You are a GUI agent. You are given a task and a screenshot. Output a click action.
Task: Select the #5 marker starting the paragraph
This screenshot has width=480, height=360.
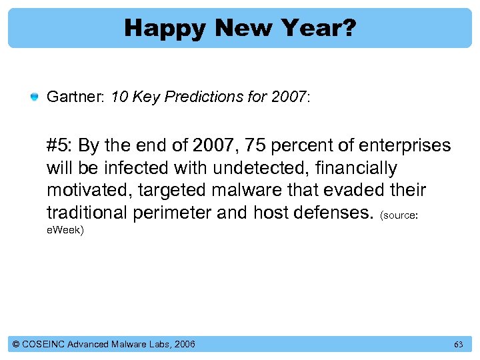coord(60,146)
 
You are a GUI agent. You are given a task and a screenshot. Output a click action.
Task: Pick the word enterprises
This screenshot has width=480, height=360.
coord(404,146)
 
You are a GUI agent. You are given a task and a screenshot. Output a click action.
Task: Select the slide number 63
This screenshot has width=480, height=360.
coord(458,345)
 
